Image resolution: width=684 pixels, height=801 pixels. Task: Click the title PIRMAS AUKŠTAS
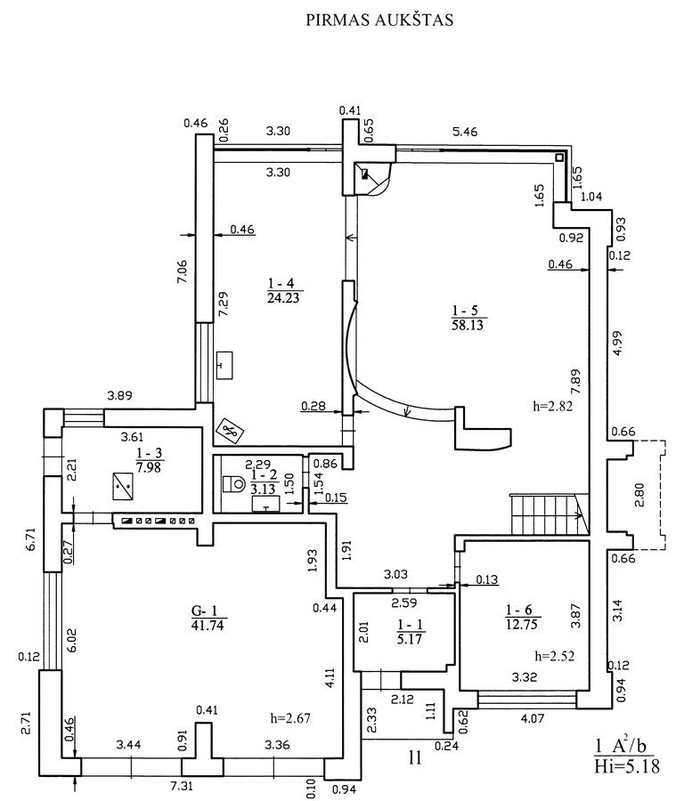(x=379, y=20)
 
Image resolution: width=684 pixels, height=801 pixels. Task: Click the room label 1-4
(x=282, y=283)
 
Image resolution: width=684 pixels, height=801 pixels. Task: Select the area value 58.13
(x=468, y=325)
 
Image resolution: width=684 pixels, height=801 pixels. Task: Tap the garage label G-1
(x=205, y=611)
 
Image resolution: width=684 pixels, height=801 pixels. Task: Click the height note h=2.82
(x=552, y=406)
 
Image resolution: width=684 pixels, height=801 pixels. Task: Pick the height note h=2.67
(x=290, y=717)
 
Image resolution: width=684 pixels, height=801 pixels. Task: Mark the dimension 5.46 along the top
(x=465, y=132)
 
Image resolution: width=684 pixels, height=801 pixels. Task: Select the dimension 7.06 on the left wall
(x=182, y=272)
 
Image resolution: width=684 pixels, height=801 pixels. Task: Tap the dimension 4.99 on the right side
(x=619, y=344)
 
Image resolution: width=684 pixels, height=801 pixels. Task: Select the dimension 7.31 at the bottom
(x=182, y=786)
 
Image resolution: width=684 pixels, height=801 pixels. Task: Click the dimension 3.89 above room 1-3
(x=119, y=395)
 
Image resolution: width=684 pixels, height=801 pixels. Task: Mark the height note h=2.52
(x=555, y=655)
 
